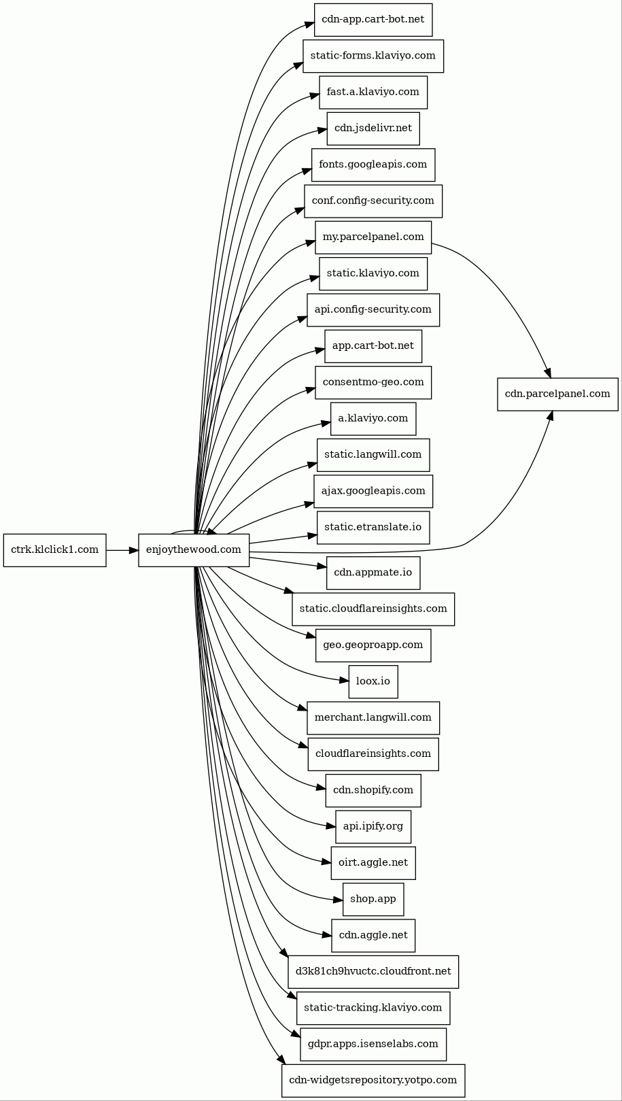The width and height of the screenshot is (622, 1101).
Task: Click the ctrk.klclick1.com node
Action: coord(54,549)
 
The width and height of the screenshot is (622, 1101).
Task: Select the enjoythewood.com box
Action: coord(194,549)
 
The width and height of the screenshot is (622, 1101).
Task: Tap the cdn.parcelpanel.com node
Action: coord(557,394)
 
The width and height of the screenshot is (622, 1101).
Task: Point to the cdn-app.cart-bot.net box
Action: coord(373,19)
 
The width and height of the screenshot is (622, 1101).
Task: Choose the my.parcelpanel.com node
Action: coord(373,237)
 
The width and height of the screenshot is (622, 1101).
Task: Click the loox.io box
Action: coord(373,681)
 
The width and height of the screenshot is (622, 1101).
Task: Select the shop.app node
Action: coord(373,898)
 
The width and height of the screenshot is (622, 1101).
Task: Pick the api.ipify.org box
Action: coord(373,826)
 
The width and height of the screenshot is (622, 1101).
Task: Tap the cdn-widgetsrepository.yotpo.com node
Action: coord(373,1080)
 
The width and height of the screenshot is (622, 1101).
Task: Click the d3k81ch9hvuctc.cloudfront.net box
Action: coord(373,971)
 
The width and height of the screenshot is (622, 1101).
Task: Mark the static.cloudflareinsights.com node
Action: coord(373,609)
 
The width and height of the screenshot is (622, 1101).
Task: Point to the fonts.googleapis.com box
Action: coord(373,164)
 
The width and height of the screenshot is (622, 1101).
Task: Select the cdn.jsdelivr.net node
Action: coord(373,128)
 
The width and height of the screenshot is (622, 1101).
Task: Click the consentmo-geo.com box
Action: coord(373,382)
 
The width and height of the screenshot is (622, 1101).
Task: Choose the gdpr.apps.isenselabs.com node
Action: coord(373,1043)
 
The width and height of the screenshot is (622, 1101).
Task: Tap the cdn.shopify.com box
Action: coord(373,790)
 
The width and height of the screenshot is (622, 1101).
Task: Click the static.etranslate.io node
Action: coord(373,527)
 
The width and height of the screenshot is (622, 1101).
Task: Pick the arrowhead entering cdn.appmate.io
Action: coord(322,566)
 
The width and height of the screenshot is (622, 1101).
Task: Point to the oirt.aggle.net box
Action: coord(373,862)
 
